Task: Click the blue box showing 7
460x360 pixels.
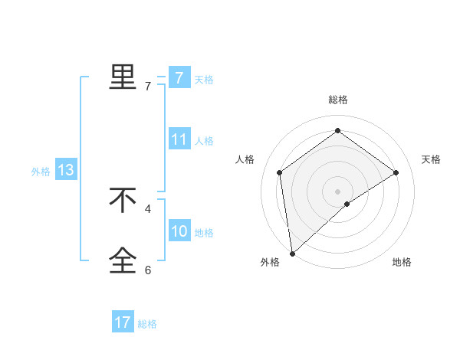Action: (179, 77)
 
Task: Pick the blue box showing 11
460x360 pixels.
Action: (179, 139)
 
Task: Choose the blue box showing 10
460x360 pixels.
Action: (179, 231)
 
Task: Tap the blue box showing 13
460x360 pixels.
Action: (66, 170)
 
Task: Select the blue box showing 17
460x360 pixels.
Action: (123, 322)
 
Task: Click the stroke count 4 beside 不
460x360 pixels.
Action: (148, 208)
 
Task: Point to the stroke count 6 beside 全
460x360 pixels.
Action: (148, 270)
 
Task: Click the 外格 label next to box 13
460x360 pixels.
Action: (41, 172)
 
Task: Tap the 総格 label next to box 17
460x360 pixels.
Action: (147, 324)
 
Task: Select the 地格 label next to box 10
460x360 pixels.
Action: (204, 233)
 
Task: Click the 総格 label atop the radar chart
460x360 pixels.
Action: (337, 100)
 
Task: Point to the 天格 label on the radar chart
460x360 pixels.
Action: (431, 159)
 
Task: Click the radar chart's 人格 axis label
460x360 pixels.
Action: (245, 159)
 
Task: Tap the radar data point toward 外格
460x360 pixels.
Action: (292, 252)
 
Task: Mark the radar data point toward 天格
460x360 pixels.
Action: (396, 172)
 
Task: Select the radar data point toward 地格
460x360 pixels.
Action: (347, 204)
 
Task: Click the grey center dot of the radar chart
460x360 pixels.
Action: (337, 191)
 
